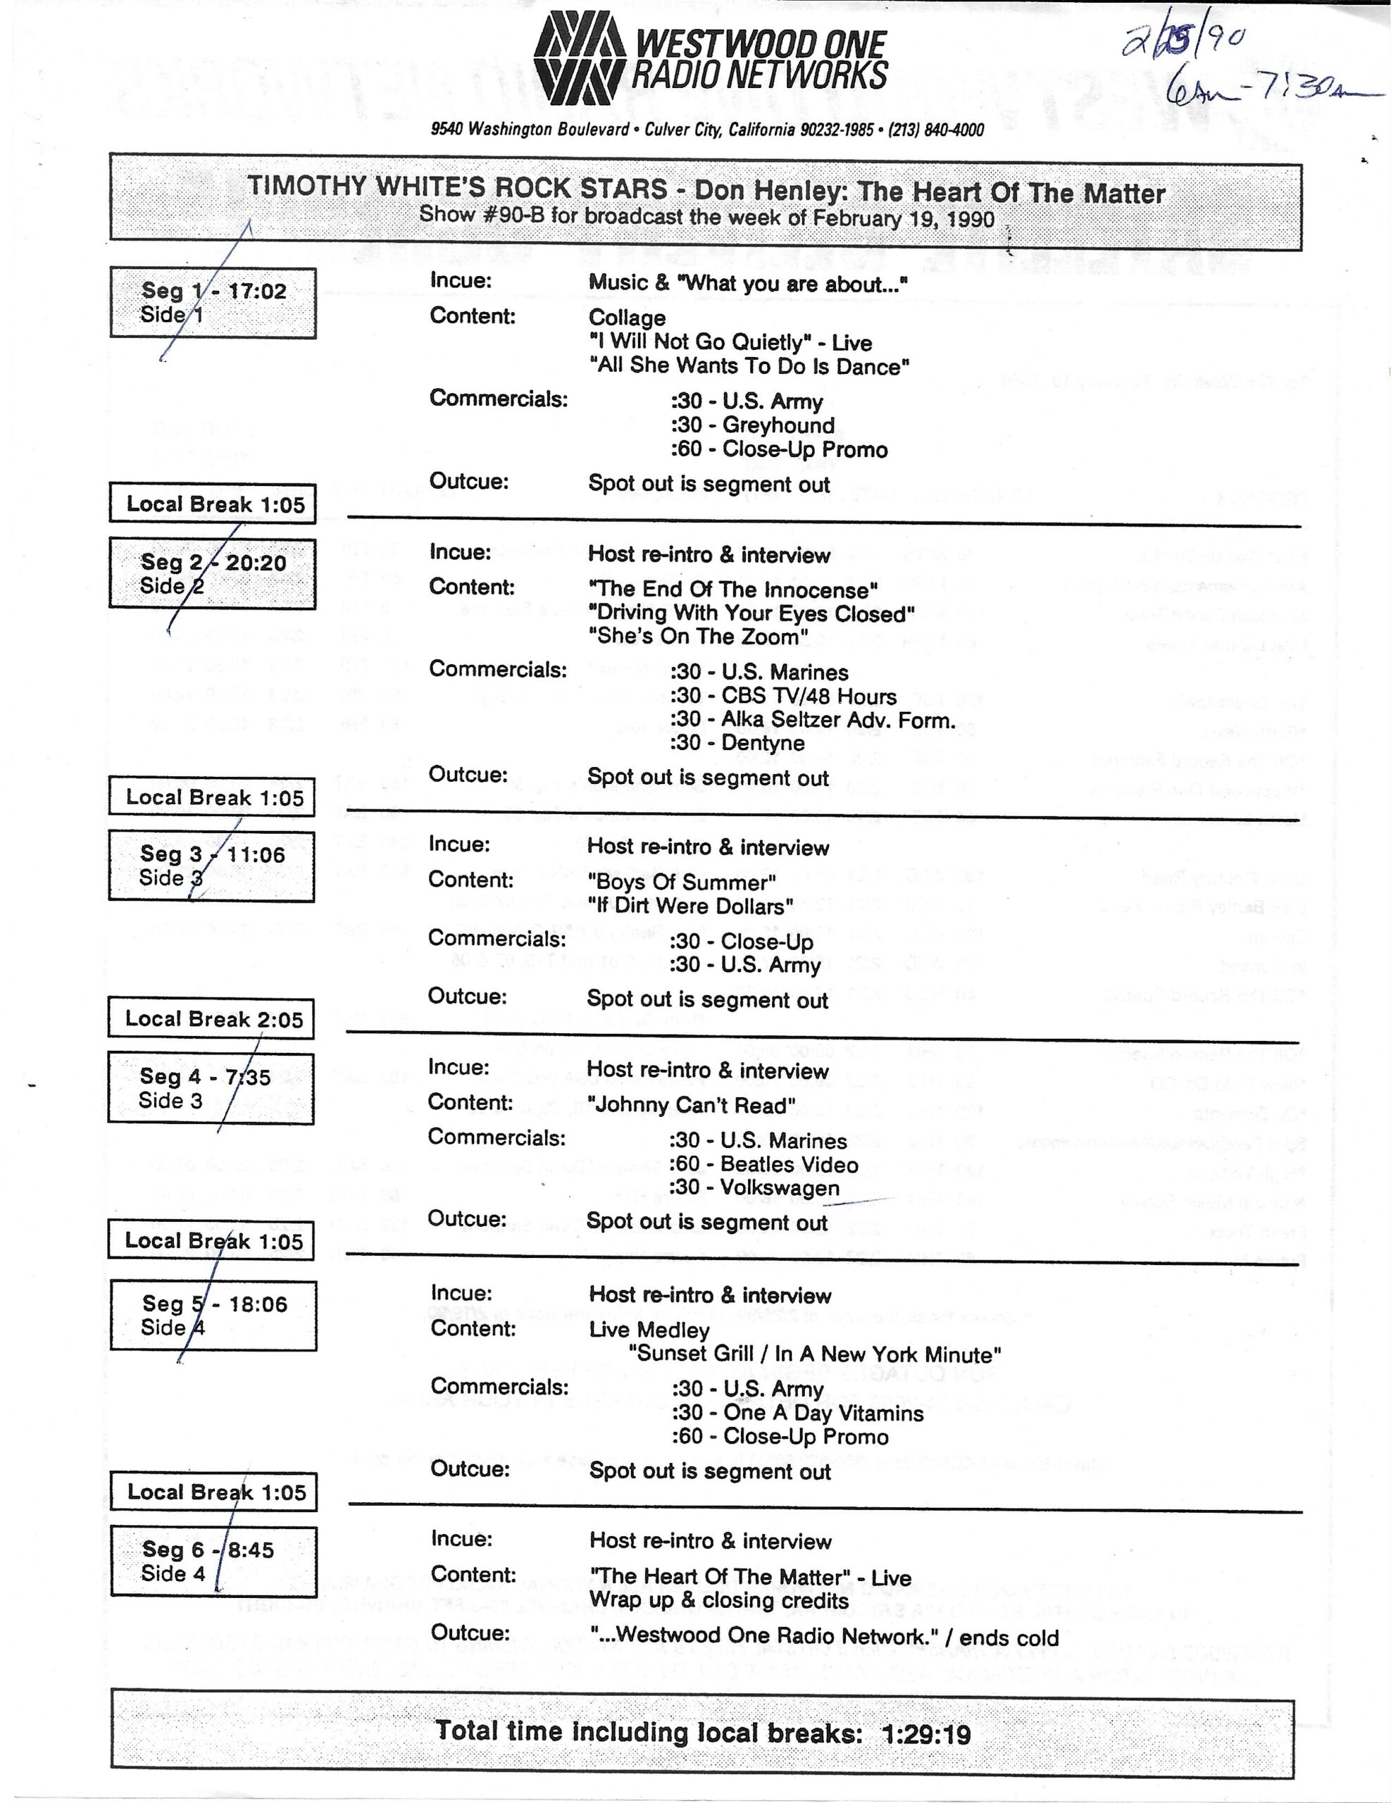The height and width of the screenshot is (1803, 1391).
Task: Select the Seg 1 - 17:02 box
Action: point(213,302)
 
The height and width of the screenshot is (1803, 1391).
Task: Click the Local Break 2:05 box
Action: point(211,1018)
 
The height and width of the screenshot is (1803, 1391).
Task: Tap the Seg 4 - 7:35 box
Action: point(211,1088)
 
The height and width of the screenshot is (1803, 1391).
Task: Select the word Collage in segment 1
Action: point(627,318)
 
